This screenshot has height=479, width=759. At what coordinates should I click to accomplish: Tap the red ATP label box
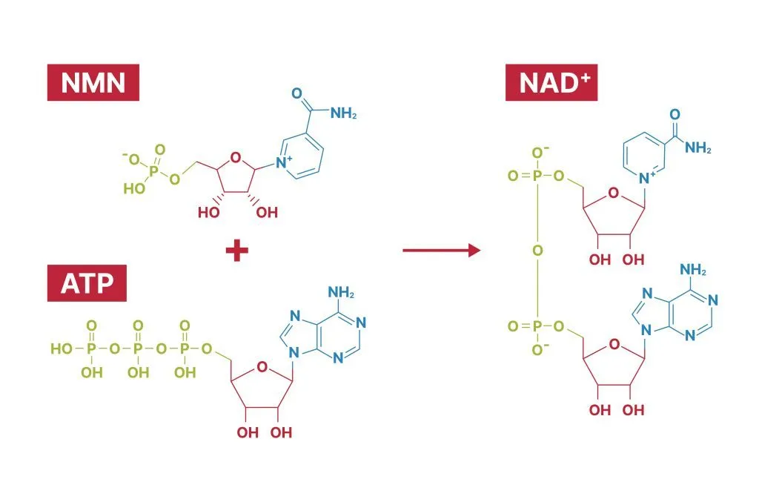pyautogui.click(x=87, y=283)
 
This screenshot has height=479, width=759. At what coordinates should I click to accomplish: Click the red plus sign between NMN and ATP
pyautogui.click(x=236, y=251)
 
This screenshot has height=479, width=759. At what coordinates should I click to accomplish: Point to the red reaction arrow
pyautogui.click(x=441, y=251)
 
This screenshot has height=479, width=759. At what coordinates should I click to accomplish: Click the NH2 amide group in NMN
pyautogui.click(x=343, y=113)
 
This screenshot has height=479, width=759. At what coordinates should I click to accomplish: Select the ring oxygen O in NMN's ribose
pyautogui.click(x=235, y=156)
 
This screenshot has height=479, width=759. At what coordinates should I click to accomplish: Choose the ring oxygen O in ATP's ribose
pyautogui.click(x=261, y=365)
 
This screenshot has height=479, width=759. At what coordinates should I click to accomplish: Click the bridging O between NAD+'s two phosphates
pyautogui.click(x=537, y=251)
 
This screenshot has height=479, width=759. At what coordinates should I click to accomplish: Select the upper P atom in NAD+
pyautogui.click(x=537, y=176)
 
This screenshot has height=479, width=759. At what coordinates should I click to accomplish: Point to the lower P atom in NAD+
pyautogui.click(x=537, y=326)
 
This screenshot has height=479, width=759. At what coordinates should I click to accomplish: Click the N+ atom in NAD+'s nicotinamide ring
pyautogui.click(x=650, y=176)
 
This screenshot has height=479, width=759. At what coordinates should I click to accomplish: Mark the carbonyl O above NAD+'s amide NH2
pyautogui.click(x=675, y=114)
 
